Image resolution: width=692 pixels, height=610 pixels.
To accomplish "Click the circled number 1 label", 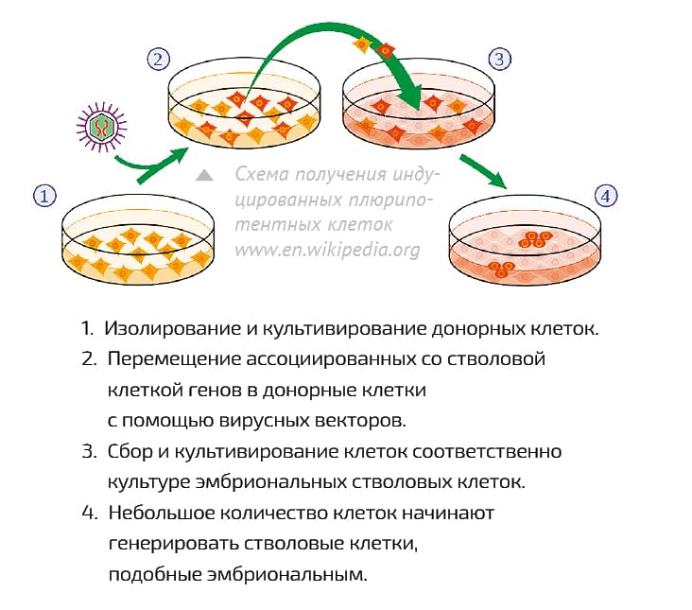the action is [x=45, y=196].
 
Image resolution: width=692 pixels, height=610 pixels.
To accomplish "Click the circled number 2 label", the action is [x=158, y=59].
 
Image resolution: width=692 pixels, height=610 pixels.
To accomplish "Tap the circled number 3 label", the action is [x=499, y=59].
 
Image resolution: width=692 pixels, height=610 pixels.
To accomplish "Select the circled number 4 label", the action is [x=606, y=196].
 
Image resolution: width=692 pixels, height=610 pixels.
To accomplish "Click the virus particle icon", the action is [x=101, y=127].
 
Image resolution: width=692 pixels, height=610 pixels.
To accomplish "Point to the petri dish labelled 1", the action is [x=138, y=239].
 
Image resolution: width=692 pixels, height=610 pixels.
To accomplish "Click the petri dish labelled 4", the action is [x=525, y=239].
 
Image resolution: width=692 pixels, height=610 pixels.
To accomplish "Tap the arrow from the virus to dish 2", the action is [x=152, y=166].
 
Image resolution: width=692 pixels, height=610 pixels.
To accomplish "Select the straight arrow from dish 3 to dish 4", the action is [x=482, y=171].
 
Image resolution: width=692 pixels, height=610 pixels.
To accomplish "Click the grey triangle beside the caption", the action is [x=204, y=176].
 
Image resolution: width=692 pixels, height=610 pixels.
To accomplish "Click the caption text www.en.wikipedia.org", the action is [x=327, y=251].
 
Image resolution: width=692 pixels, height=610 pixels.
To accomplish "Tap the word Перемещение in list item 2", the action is [x=174, y=359].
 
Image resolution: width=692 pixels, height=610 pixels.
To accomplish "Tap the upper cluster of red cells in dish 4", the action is [x=535, y=238].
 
